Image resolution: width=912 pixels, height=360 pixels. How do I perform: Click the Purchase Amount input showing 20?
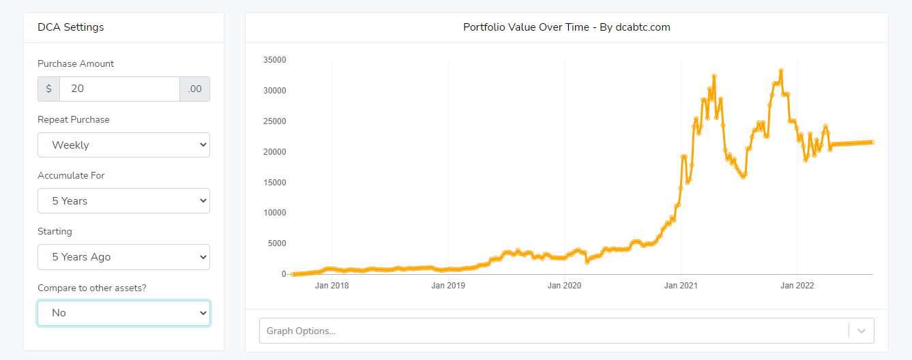119,89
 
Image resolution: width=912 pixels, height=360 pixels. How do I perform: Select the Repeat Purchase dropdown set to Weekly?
123,145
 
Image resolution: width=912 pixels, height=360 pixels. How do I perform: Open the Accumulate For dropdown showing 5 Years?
123,200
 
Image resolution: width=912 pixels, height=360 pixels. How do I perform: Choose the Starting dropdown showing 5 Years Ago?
123,256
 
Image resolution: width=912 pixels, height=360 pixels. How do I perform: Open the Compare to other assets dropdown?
123,313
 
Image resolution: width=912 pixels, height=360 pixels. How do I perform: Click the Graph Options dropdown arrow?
862,331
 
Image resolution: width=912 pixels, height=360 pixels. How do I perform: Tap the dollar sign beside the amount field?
48,89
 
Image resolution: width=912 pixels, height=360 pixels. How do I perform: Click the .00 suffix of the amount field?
195,89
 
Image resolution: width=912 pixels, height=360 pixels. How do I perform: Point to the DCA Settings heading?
71,27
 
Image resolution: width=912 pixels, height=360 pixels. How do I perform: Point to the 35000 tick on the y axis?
274,60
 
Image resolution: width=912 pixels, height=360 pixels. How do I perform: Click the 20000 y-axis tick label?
274,151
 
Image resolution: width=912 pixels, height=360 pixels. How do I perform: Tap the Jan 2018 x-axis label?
332,286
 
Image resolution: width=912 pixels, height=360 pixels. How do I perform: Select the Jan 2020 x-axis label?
564,286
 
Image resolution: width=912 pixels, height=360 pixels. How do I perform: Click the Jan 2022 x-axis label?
797,286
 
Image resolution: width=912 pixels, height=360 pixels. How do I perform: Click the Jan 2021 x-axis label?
681,286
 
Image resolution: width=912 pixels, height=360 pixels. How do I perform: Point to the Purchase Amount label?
76,63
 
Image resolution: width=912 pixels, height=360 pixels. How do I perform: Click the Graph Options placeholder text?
301,331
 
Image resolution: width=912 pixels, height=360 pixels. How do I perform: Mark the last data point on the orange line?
872,142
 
